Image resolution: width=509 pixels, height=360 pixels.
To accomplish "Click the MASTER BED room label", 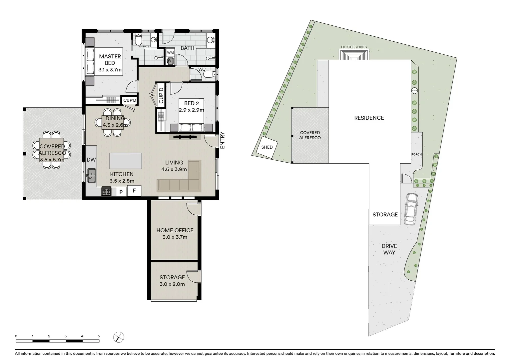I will [x=110, y=60].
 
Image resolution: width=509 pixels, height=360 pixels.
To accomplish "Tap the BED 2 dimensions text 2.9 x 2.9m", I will [x=191, y=110].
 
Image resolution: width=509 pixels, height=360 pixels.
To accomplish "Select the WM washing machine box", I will [x=171, y=53].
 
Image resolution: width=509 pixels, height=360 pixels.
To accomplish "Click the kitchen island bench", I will [x=126, y=161].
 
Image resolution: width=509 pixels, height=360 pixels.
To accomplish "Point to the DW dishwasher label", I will [x=91, y=160].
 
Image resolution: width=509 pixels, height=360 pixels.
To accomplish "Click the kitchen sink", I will [x=91, y=176].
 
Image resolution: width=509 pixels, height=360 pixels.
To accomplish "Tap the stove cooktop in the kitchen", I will [x=107, y=192].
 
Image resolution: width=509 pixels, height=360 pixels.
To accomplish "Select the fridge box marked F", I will [x=134, y=191].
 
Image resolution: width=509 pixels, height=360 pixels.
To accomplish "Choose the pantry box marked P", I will [x=121, y=192].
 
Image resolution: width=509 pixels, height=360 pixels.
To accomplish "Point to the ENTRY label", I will [x=223, y=140].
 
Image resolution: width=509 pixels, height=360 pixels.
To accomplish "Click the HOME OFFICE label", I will [x=175, y=230].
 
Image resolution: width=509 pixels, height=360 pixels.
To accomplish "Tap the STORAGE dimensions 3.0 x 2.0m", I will [x=172, y=284].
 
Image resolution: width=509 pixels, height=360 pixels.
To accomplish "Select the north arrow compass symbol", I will [x=119, y=337].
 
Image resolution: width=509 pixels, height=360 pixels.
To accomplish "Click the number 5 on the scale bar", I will [x=99, y=336].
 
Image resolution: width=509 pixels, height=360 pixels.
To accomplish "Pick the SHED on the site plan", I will [x=267, y=147].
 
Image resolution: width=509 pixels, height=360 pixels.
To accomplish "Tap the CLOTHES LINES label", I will [x=354, y=47].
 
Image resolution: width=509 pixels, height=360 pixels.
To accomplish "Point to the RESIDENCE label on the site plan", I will [x=369, y=118].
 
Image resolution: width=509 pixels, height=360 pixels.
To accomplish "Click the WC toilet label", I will [x=202, y=69].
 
